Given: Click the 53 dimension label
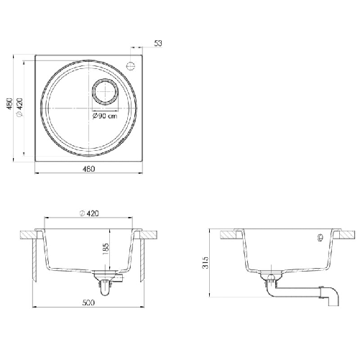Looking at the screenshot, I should click(158, 44).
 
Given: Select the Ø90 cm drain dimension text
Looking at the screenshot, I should click(104, 116).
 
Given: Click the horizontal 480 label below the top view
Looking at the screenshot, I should click(88, 169).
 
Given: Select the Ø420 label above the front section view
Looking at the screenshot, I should click(89, 213).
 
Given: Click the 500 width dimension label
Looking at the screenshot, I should click(88, 303).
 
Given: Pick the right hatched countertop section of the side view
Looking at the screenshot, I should click(346, 234).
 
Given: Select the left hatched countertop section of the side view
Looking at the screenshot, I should click(231, 234).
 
